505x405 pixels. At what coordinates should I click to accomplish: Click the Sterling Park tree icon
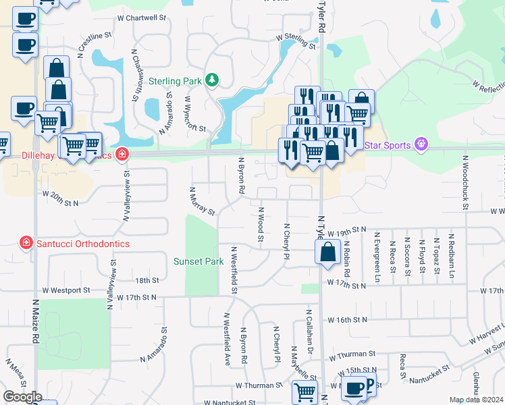point(213,80)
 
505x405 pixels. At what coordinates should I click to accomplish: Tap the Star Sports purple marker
point(422,144)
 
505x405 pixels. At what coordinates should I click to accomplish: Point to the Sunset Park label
point(198,261)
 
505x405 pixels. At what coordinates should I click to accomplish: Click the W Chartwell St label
point(141,18)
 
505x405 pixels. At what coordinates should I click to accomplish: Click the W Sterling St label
point(296,42)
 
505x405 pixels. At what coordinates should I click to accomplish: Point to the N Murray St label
point(203,201)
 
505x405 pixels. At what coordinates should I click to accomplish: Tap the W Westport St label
point(65,290)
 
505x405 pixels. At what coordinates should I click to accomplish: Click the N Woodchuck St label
point(465,182)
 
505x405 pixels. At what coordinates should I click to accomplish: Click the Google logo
point(22,397)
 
